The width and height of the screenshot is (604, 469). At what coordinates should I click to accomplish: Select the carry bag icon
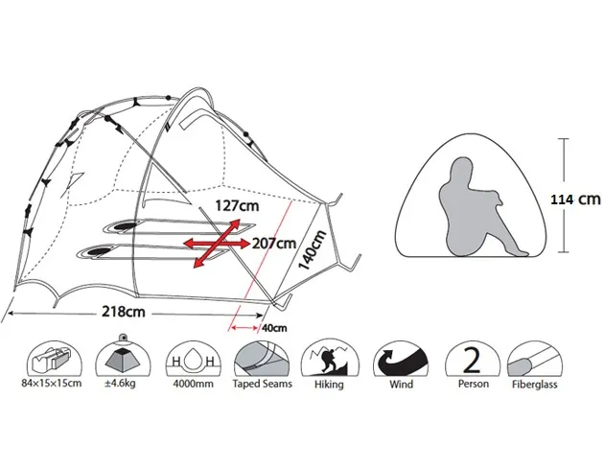tap(54, 359)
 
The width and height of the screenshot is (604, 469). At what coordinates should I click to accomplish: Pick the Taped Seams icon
tap(260, 359)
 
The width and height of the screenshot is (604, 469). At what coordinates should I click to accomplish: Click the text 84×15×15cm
tap(54, 385)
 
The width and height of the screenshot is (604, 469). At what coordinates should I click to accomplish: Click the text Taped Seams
tap(260, 385)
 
